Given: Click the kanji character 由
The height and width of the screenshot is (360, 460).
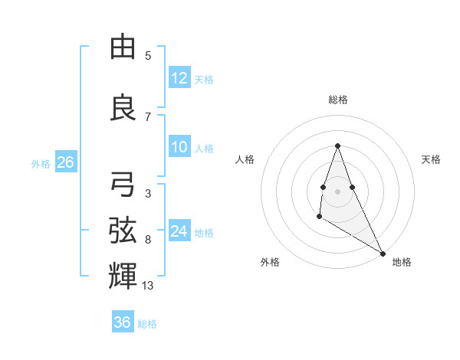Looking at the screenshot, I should coord(123,47).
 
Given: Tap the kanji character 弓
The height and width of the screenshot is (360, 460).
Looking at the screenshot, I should coord(123,185).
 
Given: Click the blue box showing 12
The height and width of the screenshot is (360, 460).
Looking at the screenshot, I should coord(179,78).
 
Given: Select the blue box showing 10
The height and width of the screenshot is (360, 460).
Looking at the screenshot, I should coord(179,148).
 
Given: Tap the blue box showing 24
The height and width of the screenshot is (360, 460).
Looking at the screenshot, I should coord(179,232).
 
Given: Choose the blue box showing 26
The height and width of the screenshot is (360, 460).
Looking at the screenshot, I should coord(64,162).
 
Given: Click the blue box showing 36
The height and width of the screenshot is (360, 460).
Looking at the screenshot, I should coord(122,322).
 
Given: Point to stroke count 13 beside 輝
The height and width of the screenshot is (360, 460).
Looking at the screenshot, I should coord(148,286).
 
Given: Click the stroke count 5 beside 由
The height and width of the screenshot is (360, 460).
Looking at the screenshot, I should coord(148,55).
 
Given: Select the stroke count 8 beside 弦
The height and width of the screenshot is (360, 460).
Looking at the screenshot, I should coord(148,240).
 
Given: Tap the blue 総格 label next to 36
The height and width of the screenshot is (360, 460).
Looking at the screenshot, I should coord(147,324).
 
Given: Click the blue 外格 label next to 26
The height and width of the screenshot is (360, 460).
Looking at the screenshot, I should coord(40,163).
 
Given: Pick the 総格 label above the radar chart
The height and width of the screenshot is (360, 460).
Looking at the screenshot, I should coord(338,100).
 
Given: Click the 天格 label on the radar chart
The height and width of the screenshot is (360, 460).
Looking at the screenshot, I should coord(431,159).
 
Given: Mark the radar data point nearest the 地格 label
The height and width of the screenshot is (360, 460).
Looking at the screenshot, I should coord(383,253).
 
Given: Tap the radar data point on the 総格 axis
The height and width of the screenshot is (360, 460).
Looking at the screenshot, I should coord(337,146).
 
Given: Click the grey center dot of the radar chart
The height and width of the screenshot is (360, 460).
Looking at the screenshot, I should coord(337,190).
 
